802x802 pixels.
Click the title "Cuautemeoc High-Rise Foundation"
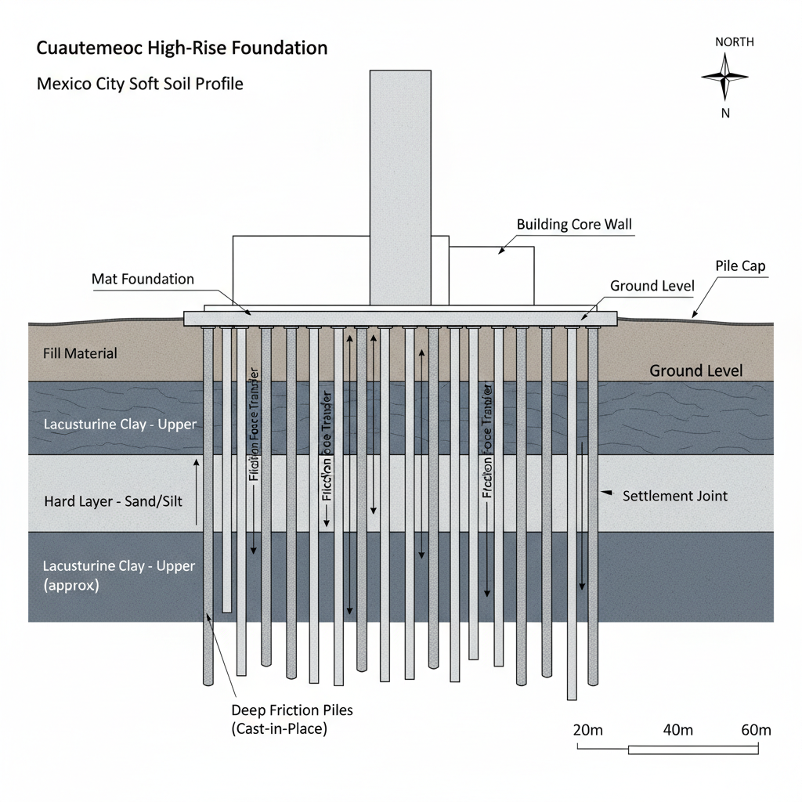(x=182, y=48)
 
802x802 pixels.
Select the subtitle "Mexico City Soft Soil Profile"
(x=140, y=83)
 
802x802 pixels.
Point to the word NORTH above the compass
(x=734, y=42)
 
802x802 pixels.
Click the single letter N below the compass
(x=725, y=113)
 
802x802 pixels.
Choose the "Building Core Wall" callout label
(x=574, y=225)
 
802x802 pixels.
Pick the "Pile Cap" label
(x=740, y=266)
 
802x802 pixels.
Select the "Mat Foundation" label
(x=143, y=279)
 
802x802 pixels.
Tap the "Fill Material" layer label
(x=80, y=353)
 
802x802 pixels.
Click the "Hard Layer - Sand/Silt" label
(x=113, y=500)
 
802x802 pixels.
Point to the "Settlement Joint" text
(x=674, y=496)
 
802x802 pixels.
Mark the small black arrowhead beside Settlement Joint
(x=605, y=493)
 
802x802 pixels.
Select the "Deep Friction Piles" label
(x=292, y=711)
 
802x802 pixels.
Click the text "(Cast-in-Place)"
(x=279, y=729)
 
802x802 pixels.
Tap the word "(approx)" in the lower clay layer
(x=71, y=585)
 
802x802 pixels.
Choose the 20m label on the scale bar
(x=588, y=730)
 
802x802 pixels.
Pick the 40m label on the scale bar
(x=677, y=730)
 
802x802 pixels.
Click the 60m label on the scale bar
(x=755, y=730)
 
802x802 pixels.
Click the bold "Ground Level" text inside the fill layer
(x=695, y=370)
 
